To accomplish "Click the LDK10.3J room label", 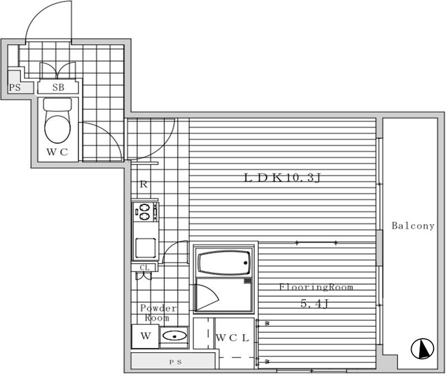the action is pos(283,178).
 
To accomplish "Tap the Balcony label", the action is pos(413,226).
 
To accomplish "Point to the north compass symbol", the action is pos(422,348).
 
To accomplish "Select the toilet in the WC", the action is pos(58,120).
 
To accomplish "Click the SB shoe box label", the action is pos(58,87).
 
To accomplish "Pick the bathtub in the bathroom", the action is pos(223,263).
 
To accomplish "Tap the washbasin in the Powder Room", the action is pos(174,336).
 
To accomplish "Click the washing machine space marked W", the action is pos(146,336).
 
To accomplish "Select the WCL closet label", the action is pos(232,338).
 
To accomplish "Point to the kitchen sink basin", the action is pos(146,248).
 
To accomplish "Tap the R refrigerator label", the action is pos(144,185).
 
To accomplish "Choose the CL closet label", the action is pos(144,268).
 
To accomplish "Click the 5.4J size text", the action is pos(314,303).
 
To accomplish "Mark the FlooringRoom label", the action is pos(316,287).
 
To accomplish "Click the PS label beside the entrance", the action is pos(15,87).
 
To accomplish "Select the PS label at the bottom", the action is pos(175,362).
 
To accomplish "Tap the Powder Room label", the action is pos(158,313).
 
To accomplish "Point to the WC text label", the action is pos(57,152).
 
